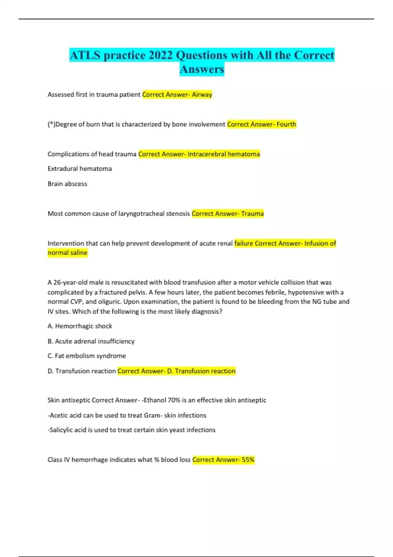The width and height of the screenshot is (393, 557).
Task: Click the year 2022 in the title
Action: [x=160, y=55]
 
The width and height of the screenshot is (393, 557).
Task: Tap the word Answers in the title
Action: [x=202, y=69]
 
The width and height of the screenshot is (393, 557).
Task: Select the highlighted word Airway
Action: [x=202, y=95]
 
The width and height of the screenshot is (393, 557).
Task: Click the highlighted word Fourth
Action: [x=286, y=125]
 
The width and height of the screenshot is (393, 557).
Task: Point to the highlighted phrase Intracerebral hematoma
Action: [x=224, y=154]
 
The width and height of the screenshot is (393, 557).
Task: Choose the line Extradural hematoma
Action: [x=80, y=169]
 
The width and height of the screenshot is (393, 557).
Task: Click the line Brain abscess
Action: [x=67, y=184]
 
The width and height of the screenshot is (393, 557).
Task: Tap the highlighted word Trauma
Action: [x=252, y=214]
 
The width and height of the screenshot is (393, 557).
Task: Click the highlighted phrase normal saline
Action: [x=67, y=253]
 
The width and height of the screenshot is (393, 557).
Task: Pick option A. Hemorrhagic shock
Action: [x=80, y=326]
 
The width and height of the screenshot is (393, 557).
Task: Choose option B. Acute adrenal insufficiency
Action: [x=91, y=341]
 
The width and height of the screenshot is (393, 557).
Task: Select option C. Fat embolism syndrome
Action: [x=86, y=356]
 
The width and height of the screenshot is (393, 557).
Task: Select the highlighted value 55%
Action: [x=248, y=460]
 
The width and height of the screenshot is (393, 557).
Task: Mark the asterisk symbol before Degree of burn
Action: [x=51, y=124]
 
